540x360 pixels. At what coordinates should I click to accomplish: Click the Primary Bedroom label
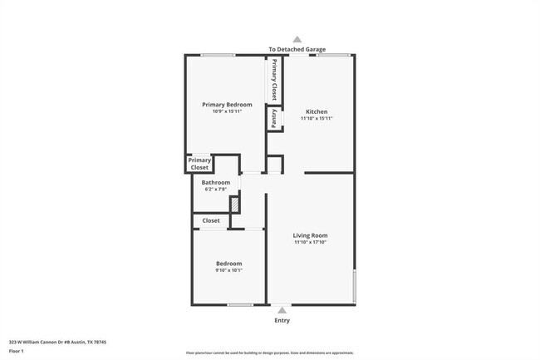(227, 105)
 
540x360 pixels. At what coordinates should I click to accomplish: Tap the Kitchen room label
(317, 111)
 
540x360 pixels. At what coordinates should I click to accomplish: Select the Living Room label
(310, 235)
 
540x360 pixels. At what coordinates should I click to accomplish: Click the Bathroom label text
(216, 182)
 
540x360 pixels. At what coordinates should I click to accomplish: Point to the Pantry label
(272, 120)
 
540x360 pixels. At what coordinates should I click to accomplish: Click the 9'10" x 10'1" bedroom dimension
(229, 269)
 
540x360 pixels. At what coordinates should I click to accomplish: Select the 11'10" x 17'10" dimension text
(310, 243)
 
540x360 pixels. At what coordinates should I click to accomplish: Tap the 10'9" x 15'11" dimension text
(227, 111)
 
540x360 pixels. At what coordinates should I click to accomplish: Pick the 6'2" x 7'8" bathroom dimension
(216, 190)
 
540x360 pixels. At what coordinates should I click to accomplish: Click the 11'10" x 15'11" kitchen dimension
(317, 119)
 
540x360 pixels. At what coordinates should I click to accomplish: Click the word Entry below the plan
(282, 320)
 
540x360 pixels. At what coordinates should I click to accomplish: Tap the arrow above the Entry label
(282, 309)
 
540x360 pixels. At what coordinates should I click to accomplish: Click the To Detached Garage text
(297, 50)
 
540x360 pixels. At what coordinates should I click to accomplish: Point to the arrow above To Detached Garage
(297, 39)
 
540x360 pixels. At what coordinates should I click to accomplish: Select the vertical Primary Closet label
(273, 80)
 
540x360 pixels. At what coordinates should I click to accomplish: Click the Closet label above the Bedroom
(211, 220)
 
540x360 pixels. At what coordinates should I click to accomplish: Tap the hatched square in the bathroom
(235, 204)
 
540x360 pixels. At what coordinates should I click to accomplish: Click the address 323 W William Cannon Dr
(57, 342)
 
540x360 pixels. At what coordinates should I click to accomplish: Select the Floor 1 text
(16, 352)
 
